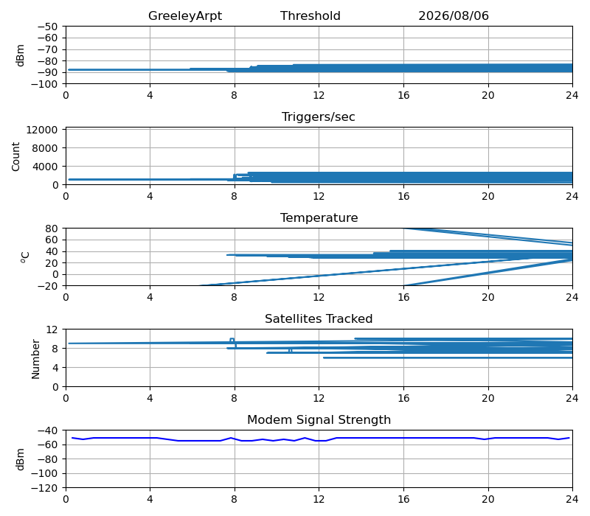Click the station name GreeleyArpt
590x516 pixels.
185,15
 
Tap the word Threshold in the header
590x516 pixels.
310,15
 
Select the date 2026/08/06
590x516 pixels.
454,15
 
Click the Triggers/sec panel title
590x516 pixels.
319,116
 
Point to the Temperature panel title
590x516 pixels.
319,217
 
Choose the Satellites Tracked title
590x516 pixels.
319,318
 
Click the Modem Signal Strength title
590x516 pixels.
319,419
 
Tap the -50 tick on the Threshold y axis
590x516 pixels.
47,27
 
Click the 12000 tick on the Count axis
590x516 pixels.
42,130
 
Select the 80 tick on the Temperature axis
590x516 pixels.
52,229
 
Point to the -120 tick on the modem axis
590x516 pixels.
44,488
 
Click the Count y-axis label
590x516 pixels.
15,156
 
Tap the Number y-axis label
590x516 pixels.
35,359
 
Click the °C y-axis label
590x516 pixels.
25,257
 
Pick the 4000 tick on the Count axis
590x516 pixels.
45,167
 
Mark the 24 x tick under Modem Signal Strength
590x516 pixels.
572,500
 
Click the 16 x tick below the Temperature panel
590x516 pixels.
403,298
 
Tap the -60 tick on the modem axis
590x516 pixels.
47,445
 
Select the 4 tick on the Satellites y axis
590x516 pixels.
55,367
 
